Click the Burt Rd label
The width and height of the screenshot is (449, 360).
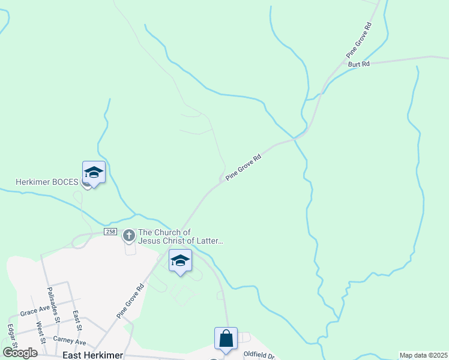(358, 63)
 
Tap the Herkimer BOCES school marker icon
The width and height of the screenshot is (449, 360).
(94, 173)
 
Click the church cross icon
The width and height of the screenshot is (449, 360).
(128, 236)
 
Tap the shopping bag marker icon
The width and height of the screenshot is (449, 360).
(226, 339)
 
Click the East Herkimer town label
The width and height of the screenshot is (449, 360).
(92, 355)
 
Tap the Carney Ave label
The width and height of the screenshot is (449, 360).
(70, 342)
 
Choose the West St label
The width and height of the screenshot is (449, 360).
(40, 332)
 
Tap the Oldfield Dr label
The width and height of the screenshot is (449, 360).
(259, 356)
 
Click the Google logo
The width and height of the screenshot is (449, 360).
(20, 353)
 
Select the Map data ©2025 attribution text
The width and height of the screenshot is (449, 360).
(423, 355)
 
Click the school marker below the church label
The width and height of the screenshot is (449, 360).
(180, 261)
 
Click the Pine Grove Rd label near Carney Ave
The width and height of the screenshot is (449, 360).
(131, 299)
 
